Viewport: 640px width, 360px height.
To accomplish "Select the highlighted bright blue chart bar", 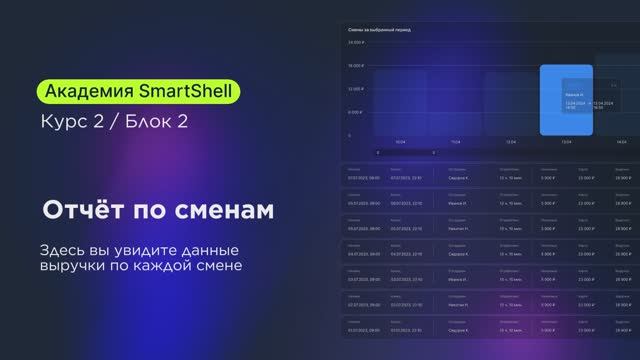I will tap(565, 100).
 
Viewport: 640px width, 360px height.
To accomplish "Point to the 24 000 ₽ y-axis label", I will tap(355, 43).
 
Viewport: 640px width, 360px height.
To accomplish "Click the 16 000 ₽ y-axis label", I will tap(355, 66).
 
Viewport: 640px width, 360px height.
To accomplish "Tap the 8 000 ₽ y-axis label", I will tap(356, 113).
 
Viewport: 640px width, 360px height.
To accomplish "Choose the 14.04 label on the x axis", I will tap(621, 143).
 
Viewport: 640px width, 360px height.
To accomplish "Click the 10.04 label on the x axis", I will tap(399, 143).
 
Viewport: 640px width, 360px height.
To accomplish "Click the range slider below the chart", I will tap(405, 153).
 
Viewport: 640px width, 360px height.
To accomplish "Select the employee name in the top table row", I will tap(459, 176).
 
